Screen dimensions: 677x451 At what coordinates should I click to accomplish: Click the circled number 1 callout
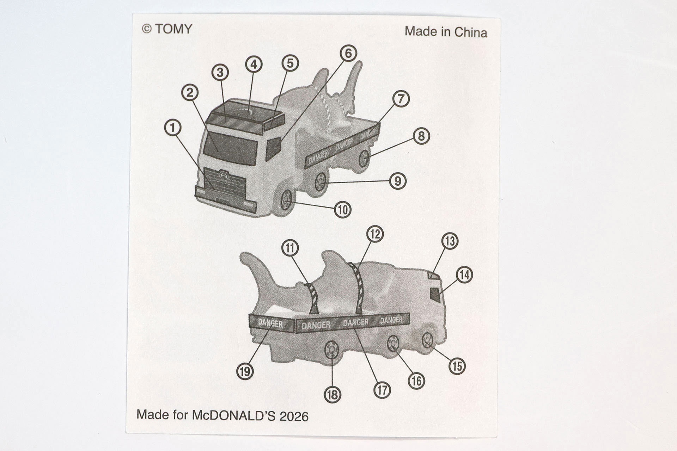(173, 128)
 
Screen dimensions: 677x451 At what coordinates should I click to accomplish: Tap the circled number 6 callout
(348, 53)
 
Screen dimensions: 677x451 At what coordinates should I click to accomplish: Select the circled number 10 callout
(343, 210)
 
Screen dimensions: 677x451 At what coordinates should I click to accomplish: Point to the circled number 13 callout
(450, 241)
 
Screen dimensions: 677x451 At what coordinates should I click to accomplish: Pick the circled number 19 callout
(245, 371)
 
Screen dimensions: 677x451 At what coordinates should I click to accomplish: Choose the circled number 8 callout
(421, 136)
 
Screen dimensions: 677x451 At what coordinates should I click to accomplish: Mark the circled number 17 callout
(383, 390)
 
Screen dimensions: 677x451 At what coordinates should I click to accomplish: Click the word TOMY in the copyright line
(173, 29)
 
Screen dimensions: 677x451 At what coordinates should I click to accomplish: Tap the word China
(471, 32)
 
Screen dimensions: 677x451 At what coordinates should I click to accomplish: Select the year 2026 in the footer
(294, 416)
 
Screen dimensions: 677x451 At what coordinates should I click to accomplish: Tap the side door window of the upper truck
(273, 148)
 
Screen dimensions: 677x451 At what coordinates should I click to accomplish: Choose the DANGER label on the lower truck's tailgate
(270, 323)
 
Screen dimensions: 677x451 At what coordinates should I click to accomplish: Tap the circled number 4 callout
(254, 64)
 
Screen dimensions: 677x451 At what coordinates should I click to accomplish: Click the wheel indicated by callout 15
(428, 340)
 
